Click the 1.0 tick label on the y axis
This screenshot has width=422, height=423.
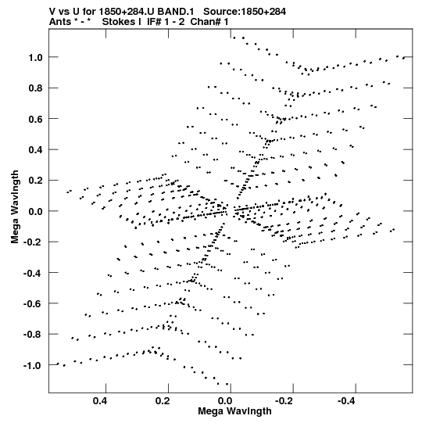pos(36,57)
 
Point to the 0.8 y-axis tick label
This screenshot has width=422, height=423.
pos(36,88)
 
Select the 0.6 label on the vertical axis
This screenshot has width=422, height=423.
pos(36,119)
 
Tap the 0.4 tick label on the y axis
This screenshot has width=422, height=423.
pos(36,149)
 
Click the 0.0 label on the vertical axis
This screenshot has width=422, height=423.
pos(36,211)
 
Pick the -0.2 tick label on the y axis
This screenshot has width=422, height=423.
pos(33,242)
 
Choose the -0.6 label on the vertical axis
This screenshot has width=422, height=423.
pos(33,303)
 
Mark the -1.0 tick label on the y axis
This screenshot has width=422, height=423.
pos(33,366)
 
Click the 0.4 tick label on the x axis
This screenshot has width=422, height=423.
pos(100,401)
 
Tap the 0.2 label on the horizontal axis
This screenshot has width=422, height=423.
pos(163,401)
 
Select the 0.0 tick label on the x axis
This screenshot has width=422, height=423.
pos(225,401)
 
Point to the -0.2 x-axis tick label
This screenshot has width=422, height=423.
pos(284,401)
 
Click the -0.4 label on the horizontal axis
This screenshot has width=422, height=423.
pos(347,401)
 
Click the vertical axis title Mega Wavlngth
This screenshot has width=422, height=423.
pos(15,207)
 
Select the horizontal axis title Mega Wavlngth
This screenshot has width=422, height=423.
pos(234,411)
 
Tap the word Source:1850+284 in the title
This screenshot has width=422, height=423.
pos(245,12)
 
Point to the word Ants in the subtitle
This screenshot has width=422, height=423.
pos(59,22)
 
